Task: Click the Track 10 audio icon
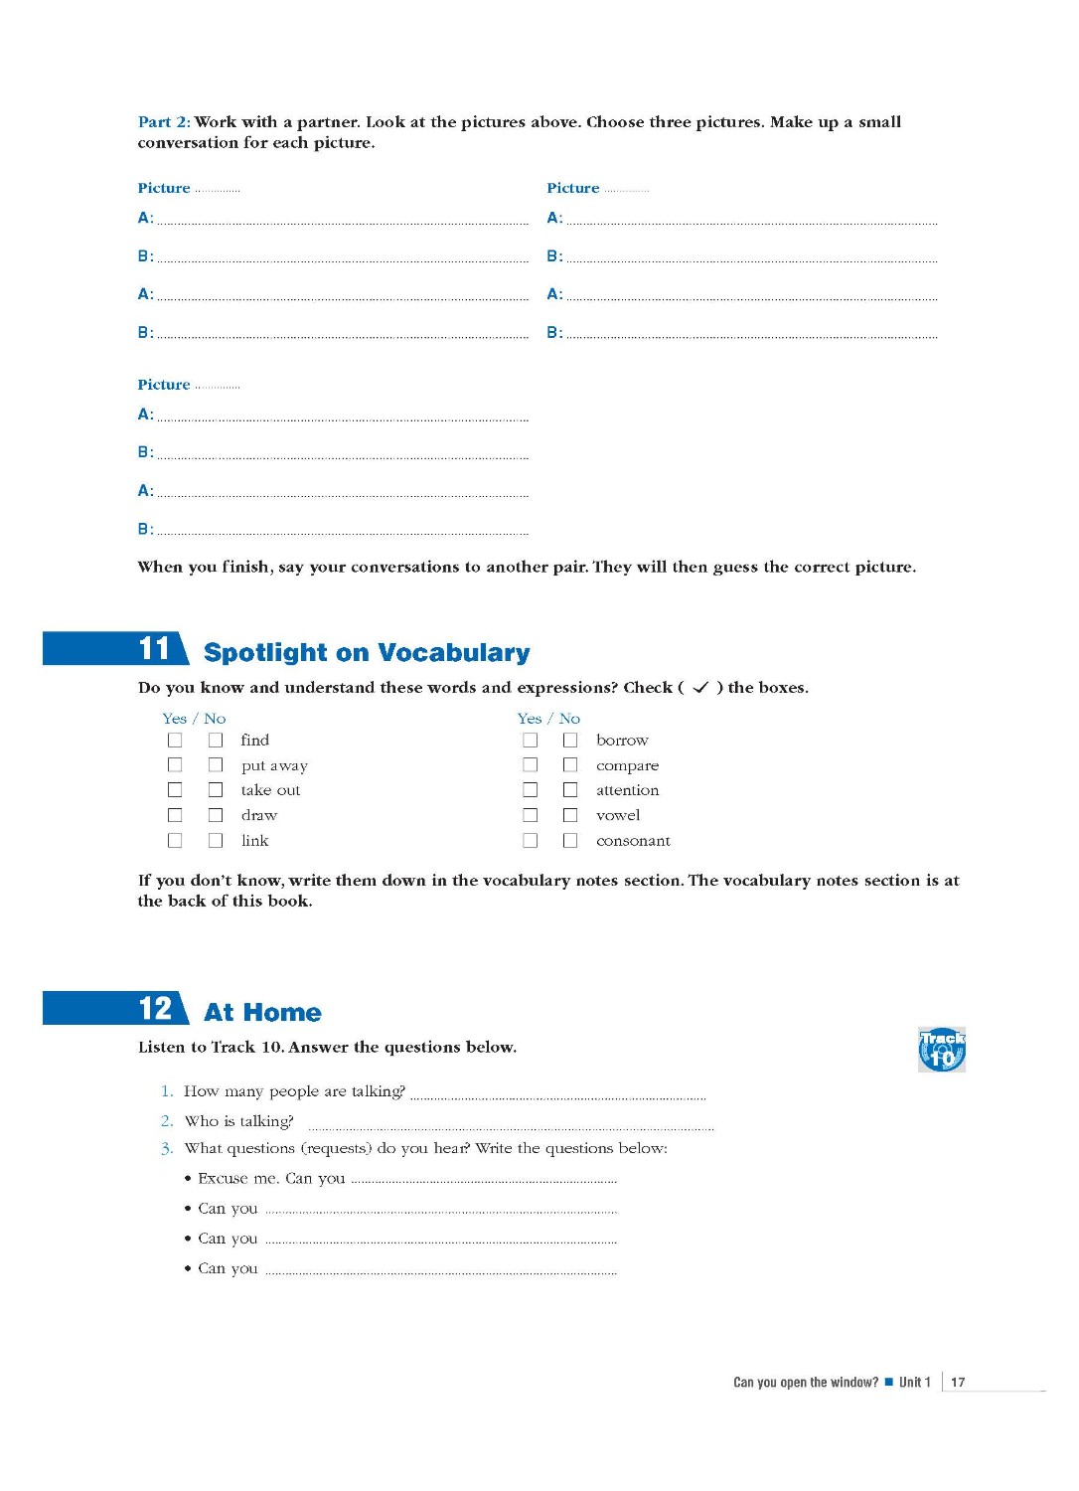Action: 941,1050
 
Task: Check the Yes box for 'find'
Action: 175,741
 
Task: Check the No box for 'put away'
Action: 216,765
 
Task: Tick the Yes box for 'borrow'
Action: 531,741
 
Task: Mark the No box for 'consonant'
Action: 570,841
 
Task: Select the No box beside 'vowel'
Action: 570,815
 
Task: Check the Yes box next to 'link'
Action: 175,841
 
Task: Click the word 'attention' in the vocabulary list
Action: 627,790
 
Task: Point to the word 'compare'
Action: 627,765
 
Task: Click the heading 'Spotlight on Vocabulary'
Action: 367,653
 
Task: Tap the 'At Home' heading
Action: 262,1013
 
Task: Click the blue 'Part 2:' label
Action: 164,122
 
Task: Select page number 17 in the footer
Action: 958,1382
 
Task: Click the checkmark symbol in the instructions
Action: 700,688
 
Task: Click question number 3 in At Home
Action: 167,1149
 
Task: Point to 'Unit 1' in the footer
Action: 914,1382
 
